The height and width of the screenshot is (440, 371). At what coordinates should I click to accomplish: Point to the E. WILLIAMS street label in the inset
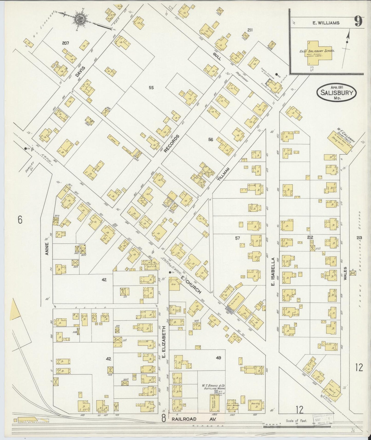326,23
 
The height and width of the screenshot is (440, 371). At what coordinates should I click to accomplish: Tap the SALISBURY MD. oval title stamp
337,92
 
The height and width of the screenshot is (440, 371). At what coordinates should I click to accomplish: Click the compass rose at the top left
79,18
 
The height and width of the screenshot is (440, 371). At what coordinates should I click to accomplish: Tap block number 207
66,43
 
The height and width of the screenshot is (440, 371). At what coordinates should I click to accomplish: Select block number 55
151,88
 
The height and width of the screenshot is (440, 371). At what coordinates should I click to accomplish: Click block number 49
218,358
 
